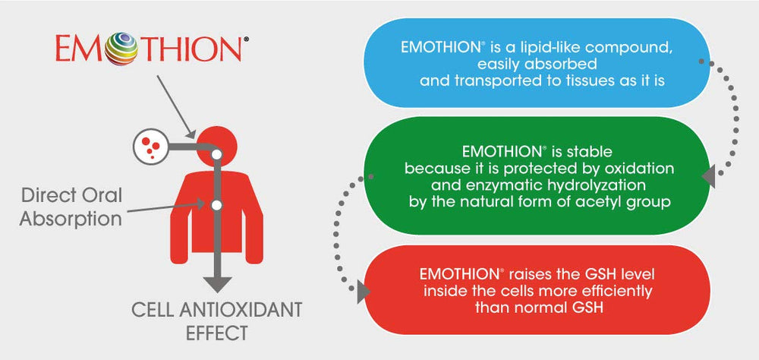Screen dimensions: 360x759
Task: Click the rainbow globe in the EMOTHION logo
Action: click(x=118, y=49)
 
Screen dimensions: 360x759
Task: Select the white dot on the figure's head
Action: click(x=216, y=153)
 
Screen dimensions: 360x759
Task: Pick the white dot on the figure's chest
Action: click(x=216, y=205)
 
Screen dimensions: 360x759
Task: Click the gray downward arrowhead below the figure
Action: click(x=217, y=283)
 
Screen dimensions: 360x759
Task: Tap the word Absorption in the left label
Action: click(x=71, y=220)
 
